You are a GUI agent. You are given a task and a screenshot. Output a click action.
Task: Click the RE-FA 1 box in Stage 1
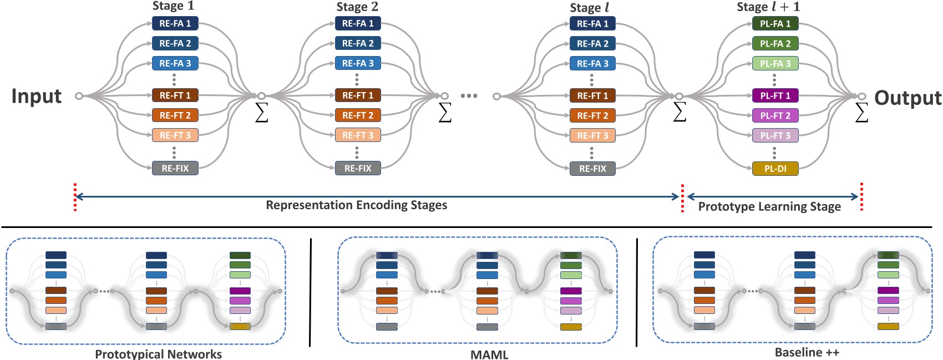point(175,23)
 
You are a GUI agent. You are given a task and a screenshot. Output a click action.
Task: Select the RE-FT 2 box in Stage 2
point(358,115)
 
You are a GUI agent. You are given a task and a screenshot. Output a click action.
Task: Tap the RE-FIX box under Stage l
point(592,169)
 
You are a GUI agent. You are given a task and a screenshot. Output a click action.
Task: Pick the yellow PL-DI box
point(775,169)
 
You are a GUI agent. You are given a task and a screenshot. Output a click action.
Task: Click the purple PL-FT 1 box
point(775,95)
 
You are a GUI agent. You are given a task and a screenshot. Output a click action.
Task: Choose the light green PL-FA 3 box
point(775,63)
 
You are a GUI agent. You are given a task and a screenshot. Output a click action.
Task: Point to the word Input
point(37,96)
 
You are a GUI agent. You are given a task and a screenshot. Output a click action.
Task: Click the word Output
point(907,98)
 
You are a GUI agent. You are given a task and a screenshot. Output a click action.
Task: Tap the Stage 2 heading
point(357,7)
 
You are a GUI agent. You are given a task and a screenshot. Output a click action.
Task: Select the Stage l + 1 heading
point(768,7)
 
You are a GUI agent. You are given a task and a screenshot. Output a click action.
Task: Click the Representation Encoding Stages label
point(356,205)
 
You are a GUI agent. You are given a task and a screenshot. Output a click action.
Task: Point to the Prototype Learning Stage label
point(769,207)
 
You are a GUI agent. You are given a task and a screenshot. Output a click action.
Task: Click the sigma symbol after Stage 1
point(261,113)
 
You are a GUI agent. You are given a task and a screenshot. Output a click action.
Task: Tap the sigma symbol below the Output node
point(861,113)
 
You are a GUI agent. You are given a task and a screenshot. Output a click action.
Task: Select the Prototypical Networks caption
point(158,354)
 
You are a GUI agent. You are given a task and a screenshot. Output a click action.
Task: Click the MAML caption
point(489,354)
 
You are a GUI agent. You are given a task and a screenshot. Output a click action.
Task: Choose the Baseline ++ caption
point(807,352)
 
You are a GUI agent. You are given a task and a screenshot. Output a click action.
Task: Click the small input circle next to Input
point(79,96)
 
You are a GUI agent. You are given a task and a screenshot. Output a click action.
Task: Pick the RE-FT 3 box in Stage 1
point(175,135)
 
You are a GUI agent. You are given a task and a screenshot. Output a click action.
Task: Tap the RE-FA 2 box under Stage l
point(592,43)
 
